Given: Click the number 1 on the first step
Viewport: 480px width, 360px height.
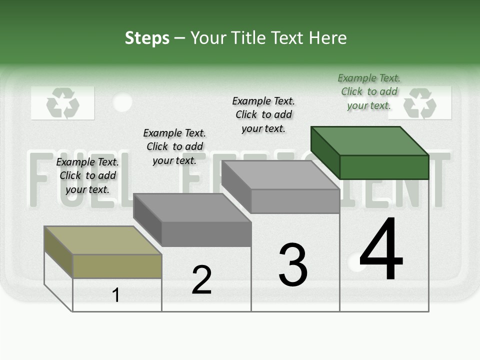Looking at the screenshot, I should [116, 295].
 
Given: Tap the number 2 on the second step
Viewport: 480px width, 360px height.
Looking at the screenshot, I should [201, 280].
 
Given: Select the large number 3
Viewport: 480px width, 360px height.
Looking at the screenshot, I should [293, 265].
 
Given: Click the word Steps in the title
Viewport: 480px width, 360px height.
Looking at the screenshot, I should [147, 38].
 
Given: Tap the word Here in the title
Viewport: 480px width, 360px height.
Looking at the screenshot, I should [328, 38].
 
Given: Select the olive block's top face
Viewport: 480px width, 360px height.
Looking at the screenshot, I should [103, 240].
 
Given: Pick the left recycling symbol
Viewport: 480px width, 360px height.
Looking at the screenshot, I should [62, 103].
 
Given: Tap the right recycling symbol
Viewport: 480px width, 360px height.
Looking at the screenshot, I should [420, 103].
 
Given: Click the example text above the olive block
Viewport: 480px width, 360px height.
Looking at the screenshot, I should [87, 175].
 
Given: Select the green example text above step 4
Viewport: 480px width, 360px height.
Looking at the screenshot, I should [369, 91].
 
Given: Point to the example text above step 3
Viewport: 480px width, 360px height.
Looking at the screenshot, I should [263, 114].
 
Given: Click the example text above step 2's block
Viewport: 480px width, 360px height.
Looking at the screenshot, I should [174, 146].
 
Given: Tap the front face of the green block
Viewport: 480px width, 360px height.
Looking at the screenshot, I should [384, 167].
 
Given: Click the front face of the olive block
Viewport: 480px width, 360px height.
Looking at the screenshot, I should [117, 266].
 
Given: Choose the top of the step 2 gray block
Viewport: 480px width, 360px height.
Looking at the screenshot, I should [192, 207].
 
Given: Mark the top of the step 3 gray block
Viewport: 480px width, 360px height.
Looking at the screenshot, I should [280, 175].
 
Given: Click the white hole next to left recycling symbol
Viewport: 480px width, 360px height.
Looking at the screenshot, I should [122, 102].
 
